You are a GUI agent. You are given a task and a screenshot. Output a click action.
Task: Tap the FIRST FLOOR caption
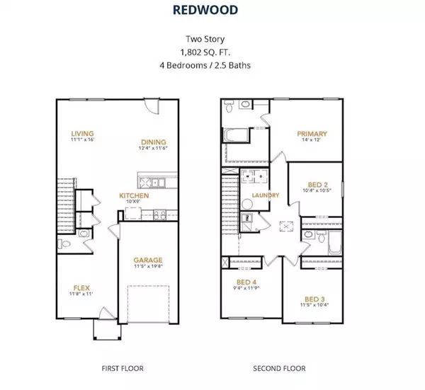(118, 368)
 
